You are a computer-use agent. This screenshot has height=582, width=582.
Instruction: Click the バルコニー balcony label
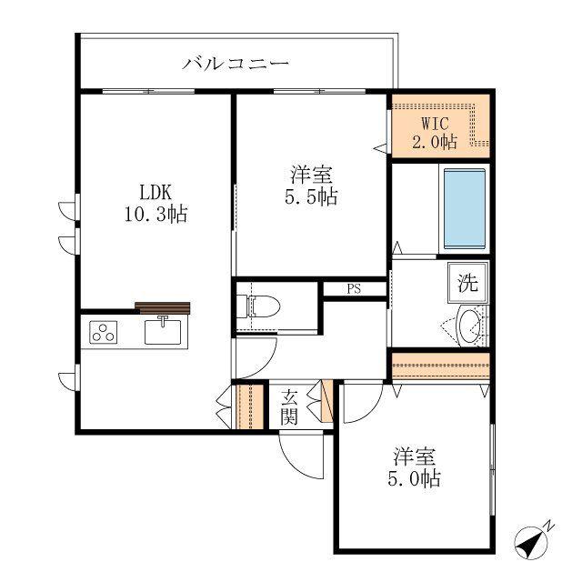236,64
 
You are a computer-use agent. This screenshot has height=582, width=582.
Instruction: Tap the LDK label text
156,193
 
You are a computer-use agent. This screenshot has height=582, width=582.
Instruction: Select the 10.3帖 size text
156,215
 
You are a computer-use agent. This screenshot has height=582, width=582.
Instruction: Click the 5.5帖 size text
311,196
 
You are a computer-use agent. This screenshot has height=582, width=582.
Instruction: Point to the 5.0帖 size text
415,479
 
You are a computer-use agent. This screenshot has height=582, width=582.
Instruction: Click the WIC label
435,124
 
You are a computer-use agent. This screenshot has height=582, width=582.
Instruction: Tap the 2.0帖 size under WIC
435,142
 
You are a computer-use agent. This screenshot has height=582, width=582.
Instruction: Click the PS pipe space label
354,289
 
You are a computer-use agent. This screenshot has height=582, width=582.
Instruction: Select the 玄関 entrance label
289,407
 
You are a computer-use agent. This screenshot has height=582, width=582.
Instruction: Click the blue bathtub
465,208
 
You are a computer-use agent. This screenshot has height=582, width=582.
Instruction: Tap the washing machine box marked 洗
467,283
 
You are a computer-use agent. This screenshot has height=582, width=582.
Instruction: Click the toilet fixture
258,306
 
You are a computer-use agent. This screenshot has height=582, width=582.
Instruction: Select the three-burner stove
104,332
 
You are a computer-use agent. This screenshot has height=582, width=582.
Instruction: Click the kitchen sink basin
163,331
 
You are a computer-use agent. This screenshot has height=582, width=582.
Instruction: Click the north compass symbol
531,542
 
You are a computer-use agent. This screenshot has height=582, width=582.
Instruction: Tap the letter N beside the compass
549,526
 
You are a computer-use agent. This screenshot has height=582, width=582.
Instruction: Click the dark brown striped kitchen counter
162,308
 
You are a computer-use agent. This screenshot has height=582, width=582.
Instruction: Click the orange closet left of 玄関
250,406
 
